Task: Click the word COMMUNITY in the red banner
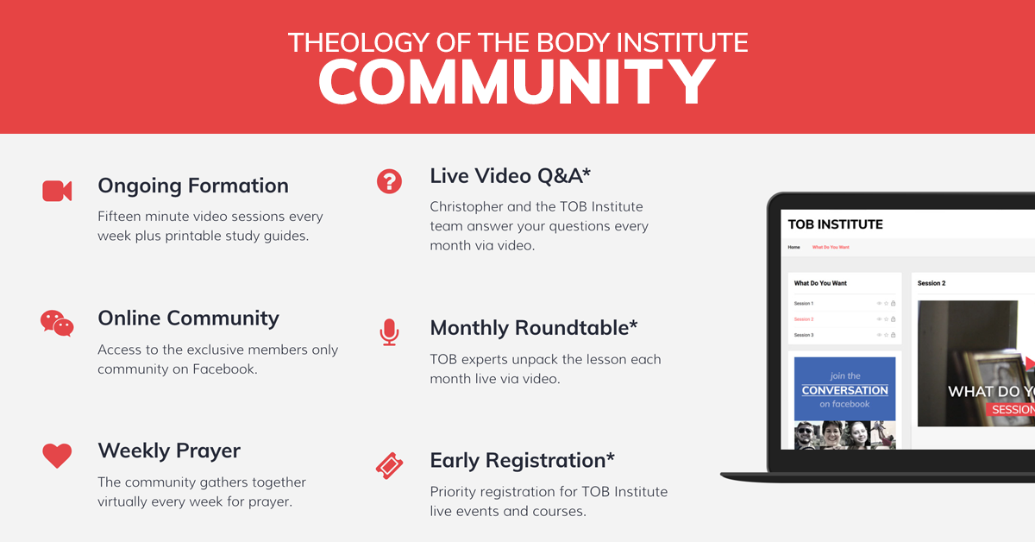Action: pos(517,82)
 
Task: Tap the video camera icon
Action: pos(57,191)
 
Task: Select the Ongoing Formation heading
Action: pos(193,186)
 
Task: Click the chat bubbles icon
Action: pos(57,323)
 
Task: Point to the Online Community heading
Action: pos(188,318)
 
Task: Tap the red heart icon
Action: pos(57,455)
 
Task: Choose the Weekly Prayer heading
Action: pos(169,451)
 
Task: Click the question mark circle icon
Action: pos(390,181)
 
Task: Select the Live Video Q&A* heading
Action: pos(511,176)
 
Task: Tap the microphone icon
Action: pos(390,332)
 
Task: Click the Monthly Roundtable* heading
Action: pos(534,328)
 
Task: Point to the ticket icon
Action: pos(390,465)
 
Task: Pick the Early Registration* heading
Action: pos(523,460)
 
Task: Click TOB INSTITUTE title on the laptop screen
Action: pos(836,224)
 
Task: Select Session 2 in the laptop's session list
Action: pos(804,319)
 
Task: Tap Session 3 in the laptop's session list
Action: pos(804,335)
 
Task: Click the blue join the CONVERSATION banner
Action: pos(844,388)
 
